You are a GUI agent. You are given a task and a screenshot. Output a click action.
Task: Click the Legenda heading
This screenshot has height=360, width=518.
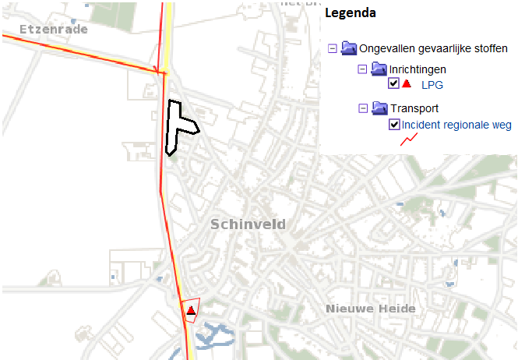pos(351,13)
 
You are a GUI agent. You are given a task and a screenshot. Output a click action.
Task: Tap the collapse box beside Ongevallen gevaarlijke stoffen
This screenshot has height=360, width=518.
pos(333,48)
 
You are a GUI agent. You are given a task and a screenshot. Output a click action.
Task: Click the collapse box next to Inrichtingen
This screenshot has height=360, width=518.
pos(362,69)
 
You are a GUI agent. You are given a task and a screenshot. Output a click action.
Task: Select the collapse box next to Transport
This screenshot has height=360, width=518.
pos(362,108)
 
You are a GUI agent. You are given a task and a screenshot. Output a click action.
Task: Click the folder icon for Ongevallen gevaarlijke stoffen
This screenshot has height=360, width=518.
pos(348,48)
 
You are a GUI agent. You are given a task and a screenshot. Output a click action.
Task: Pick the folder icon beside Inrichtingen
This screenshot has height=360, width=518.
pos(379,69)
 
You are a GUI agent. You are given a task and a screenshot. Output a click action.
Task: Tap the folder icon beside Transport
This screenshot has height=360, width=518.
pos(379,108)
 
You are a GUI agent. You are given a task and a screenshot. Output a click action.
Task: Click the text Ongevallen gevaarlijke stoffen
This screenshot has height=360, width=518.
pos(433,48)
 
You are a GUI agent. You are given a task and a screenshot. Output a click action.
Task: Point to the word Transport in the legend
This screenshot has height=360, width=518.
pos(414,108)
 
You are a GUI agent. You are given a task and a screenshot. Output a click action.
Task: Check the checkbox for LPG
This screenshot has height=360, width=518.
pos(393,83)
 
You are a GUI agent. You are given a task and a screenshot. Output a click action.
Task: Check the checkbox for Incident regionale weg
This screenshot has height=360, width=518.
pos(393,125)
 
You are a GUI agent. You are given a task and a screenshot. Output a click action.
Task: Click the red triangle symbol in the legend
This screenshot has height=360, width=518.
pos(406,83)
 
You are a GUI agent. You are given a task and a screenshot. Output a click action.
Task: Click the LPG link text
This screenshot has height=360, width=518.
pos(432,85)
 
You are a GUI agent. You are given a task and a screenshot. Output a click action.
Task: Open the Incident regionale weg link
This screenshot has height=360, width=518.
pos(456,125)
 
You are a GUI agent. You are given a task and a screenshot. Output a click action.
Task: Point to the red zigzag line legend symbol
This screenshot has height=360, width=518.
pos(409,139)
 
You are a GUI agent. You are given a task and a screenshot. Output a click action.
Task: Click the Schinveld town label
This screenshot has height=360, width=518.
pos(248,224)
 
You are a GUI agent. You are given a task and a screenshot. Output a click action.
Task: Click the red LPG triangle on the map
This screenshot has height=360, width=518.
pos(190,310)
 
